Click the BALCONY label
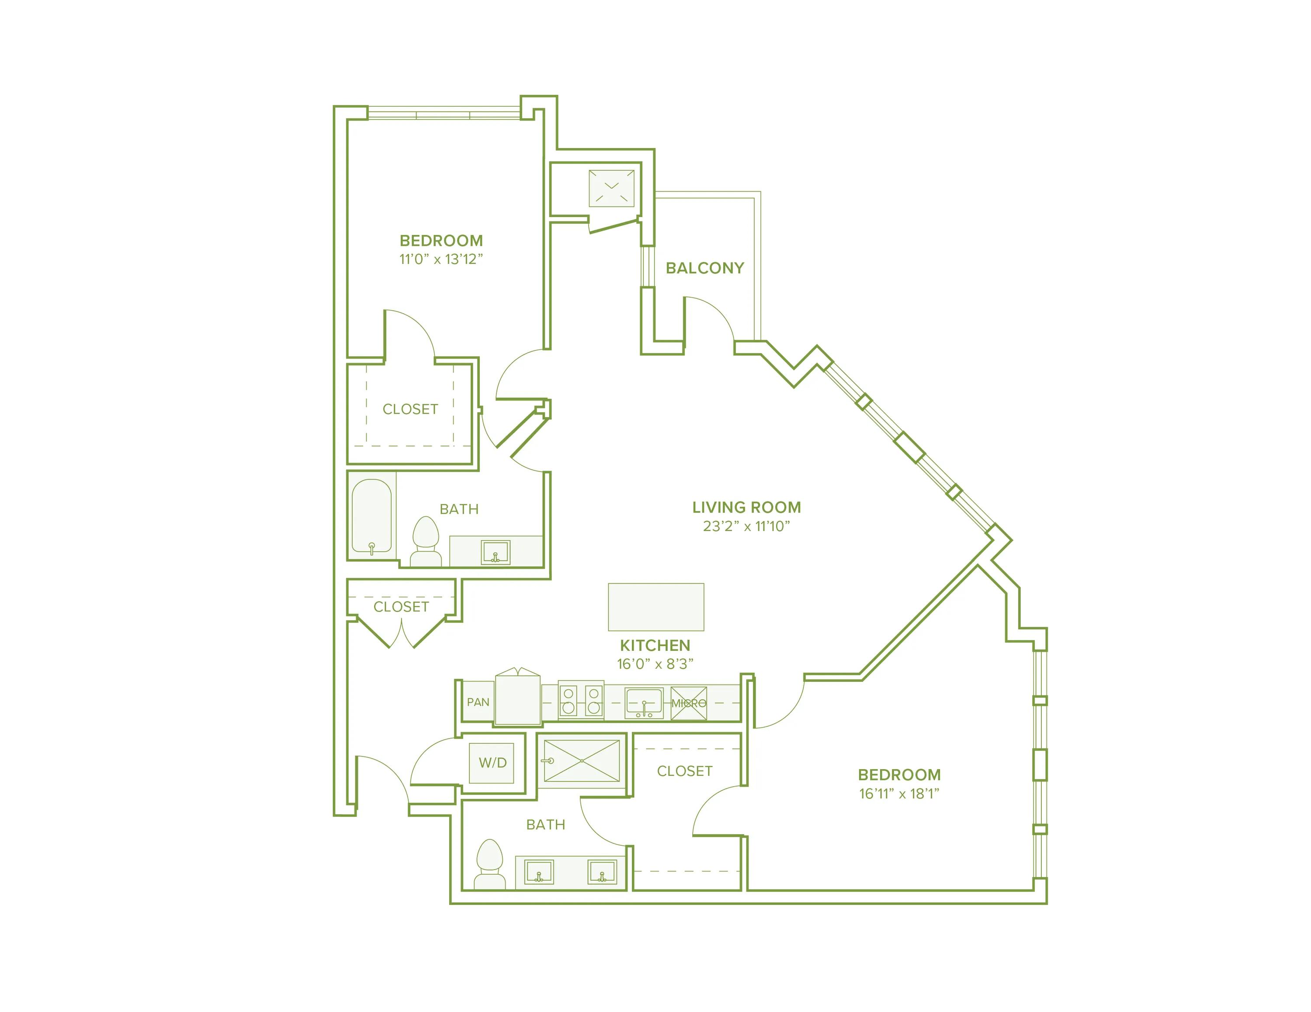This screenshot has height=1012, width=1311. point(705,268)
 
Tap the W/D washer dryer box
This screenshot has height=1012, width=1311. point(492,763)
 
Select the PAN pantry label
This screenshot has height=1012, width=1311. point(478,702)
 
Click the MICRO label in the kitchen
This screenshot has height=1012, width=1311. point(689,703)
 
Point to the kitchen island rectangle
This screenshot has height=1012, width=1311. point(655,607)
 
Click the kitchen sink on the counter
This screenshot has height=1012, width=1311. point(644,701)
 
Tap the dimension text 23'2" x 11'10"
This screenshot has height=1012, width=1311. point(746,526)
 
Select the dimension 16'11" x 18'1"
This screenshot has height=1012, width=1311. point(898,793)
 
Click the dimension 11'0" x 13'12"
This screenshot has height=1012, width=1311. point(441,259)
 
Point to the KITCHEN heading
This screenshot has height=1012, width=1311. point(655,646)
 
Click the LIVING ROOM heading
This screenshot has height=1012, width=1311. point(746,508)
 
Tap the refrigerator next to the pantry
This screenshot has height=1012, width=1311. point(517,698)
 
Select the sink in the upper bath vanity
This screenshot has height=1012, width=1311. point(495,552)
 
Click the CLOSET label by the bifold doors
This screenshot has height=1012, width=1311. point(401,607)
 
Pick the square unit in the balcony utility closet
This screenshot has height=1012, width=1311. point(611,188)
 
